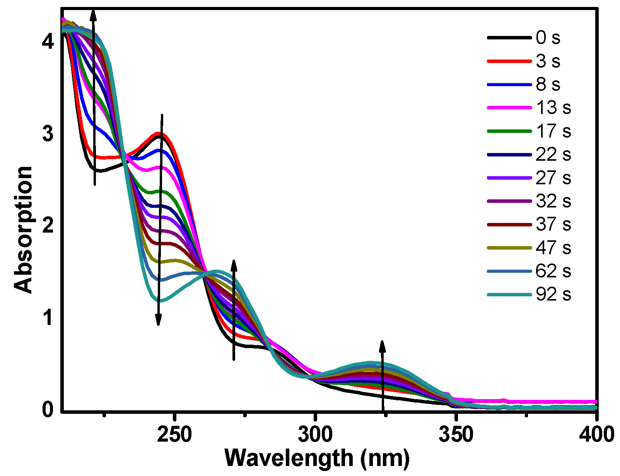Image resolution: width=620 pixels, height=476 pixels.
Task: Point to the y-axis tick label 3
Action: (47, 134)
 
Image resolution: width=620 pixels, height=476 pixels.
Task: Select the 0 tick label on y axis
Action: (47, 410)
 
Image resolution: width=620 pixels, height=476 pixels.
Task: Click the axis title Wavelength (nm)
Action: (317, 458)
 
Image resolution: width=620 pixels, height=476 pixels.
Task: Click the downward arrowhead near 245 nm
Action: (158, 321)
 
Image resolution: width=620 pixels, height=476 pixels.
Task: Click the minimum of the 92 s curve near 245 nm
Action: (160, 301)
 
